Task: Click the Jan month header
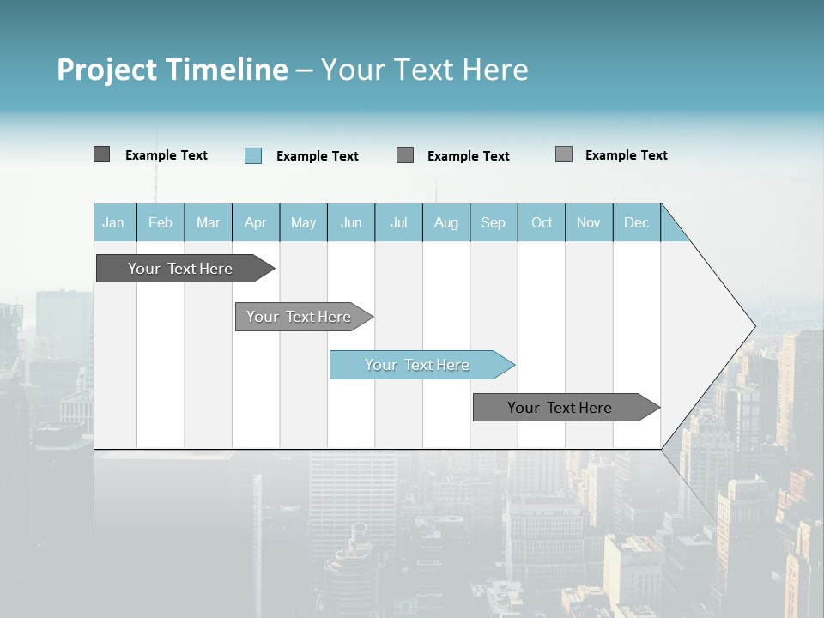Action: tap(114, 222)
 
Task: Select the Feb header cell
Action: tap(161, 222)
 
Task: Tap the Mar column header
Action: tap(208, 222)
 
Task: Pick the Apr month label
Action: tap(256, 222)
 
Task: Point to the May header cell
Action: tap(303, 222)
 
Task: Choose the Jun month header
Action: tap(351, 222)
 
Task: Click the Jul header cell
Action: tap(398, 222)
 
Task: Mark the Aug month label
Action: tap(446, 222)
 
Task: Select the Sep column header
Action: tap(494, 222)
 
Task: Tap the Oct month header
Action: tap(542, 222)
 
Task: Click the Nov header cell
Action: tap(589, 222)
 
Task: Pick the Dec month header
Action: tap(637, 222)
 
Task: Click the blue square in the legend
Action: tap(253, 155)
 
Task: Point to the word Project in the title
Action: tap(106, 70)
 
